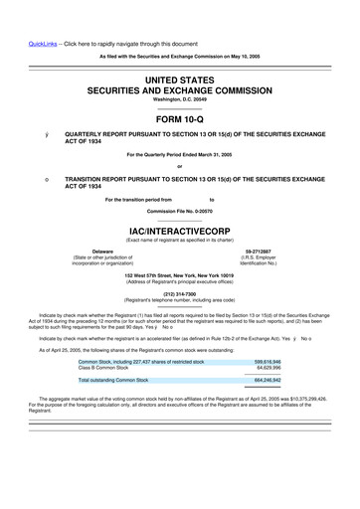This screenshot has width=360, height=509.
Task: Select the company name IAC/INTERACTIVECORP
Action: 179,228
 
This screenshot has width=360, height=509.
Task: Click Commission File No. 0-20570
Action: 179,211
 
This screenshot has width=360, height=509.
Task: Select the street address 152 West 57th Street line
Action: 179,275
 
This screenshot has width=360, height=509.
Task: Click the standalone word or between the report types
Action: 179,164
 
